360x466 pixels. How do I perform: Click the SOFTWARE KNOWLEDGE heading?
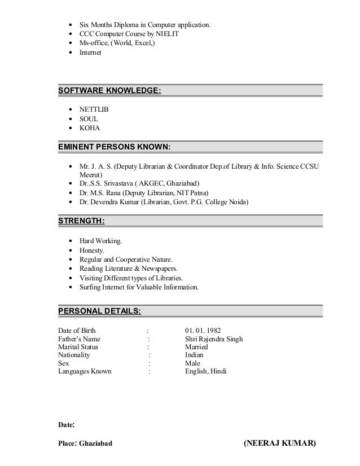[109, 91]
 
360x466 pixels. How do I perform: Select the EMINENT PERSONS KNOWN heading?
[115, 148]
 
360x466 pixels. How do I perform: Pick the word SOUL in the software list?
[89, 119]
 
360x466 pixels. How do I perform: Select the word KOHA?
[90, 128]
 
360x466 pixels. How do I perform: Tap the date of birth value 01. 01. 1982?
[203, 331]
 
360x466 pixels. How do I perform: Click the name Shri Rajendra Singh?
[214, 339]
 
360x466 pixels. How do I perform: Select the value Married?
[197, 347]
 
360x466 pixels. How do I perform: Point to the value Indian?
[195, 355]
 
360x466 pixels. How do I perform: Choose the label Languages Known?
[85, 372]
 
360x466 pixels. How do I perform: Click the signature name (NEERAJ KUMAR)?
[280, 443]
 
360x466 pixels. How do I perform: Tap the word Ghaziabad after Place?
[96, 443]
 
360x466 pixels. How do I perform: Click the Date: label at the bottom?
[67, 423]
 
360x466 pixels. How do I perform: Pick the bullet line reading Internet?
[90, 52]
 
